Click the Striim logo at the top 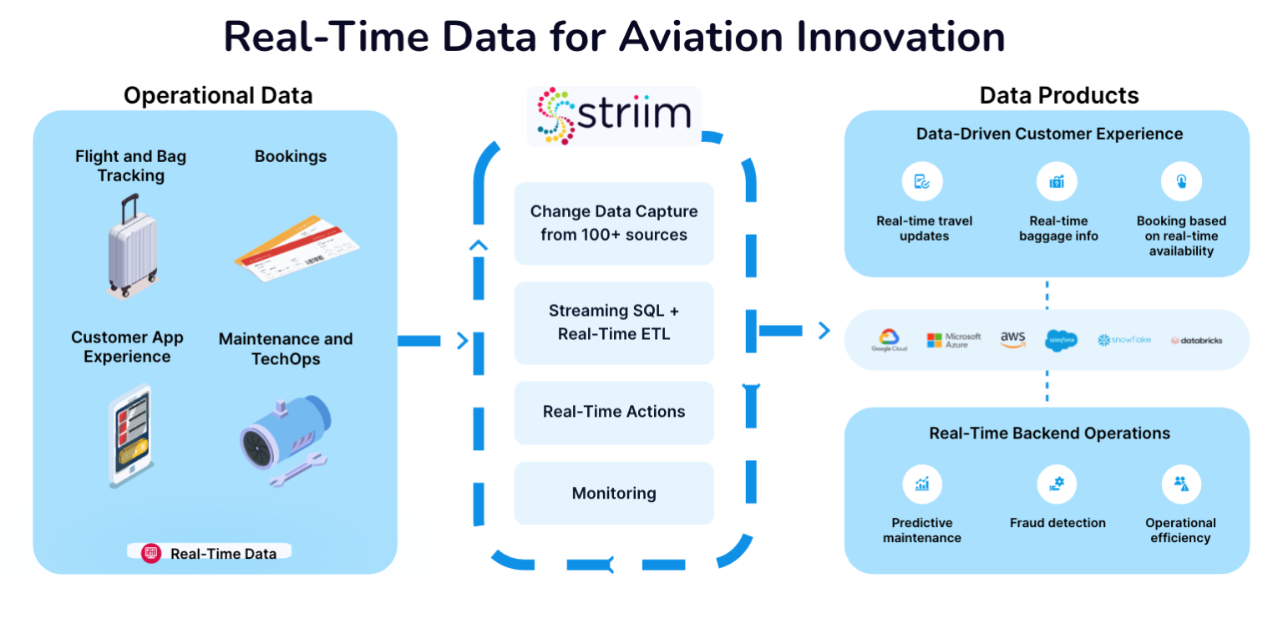(614, 116)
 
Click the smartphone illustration (131, 435)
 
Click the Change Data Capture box (614, 223)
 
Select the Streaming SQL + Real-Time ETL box (614, 322)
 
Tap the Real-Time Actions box (614, 412)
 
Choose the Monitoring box (614, 493)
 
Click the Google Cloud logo (889, 339)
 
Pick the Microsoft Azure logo (947, 339)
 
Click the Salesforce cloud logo (1061, 339)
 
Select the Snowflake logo (1123, 340)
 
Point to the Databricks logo (1196, 340)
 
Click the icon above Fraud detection (1057, 484)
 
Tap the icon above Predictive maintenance (922, 484)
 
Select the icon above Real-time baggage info (1057, 181)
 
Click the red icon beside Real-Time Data (150, 553)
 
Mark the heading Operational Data (218, 95)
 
